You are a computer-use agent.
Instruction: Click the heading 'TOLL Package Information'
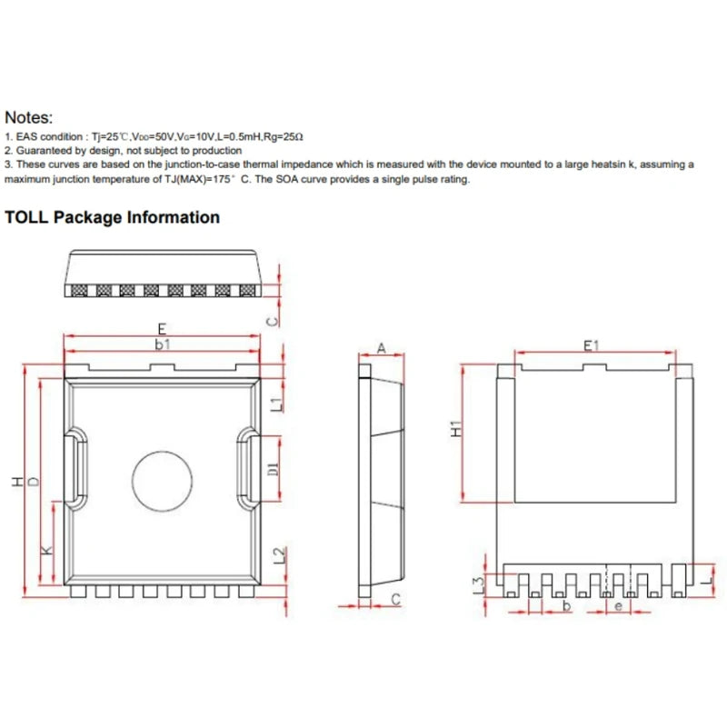click(x=113, y=217)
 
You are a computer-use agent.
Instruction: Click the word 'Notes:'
click(x=29, y=117)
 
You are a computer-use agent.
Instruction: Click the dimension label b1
click(x=162, y=344)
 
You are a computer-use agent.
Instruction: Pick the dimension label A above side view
click(x=382, y=347)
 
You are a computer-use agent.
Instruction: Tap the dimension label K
click(x=47, y=550)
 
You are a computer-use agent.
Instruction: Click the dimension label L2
click(x=279, y=554)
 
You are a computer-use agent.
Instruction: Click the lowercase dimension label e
click(x=619, y=605)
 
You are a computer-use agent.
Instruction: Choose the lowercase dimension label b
click(x=567, y=605)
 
